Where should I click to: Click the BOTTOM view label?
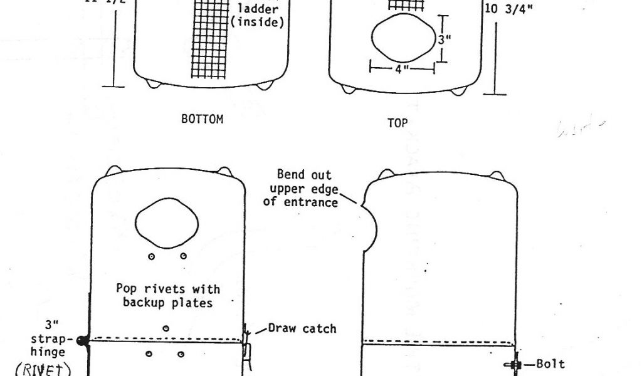tap(202, 119)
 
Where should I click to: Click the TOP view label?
tap(397, 123)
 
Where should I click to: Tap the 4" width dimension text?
tap(402, 70)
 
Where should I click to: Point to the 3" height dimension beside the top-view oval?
tap(444, 39)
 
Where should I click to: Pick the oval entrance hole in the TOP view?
tap(403, 39)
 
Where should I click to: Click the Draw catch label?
tap(302, 328)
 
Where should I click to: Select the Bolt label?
tap(551, 363)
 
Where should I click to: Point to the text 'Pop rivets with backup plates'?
tap(168, 296)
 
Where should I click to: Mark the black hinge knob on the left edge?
tap(82, 340)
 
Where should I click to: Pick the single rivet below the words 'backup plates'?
tap(166, 328)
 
